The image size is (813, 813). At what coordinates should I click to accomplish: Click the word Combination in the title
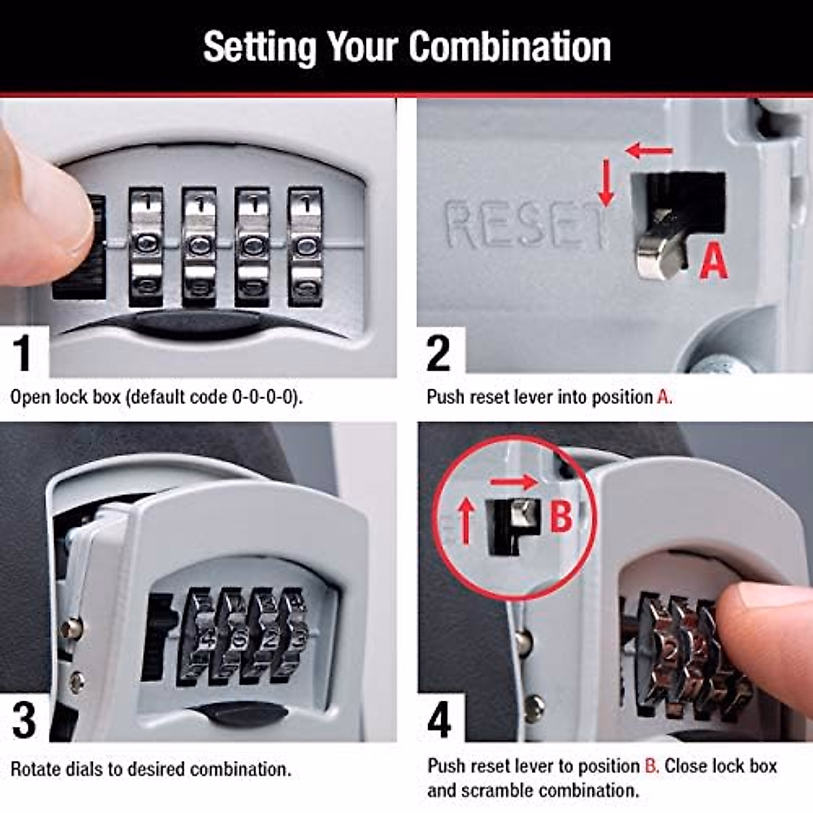point(509,47)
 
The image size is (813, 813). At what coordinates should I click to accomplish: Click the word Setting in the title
point(259,47)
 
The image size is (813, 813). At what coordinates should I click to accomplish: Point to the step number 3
point(24,720)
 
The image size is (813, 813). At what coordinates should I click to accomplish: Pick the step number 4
point(439,720)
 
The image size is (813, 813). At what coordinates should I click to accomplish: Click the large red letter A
point(713,262)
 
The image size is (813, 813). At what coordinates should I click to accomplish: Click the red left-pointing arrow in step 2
point(649,150)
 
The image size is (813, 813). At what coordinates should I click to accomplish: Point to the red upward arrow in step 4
point(465,520)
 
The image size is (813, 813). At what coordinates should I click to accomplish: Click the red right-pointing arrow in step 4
point(514,482)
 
